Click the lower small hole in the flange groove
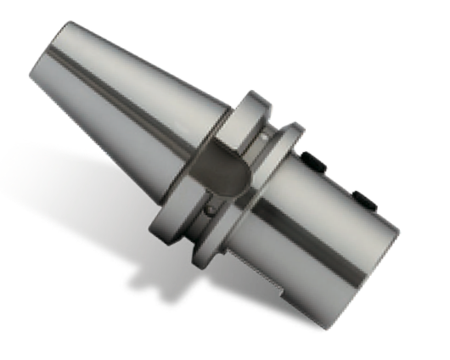(209, 206)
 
